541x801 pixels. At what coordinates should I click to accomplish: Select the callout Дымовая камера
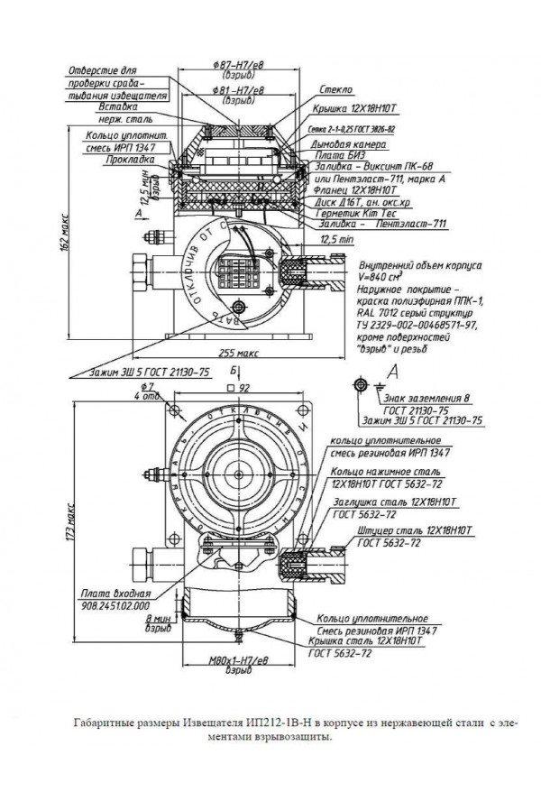pos(361,143)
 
